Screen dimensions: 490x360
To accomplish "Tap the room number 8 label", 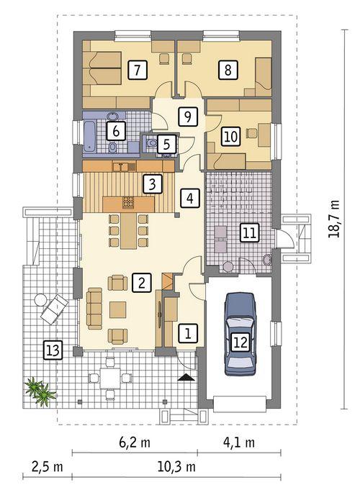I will pyautogui.click(x=228, y=70).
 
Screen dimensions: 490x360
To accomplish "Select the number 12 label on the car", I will pyautogui.click(x=240, y=342).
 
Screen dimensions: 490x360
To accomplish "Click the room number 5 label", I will pyautogui.click(x=166, y=144).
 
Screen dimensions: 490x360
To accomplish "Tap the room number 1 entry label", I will pyautogui.click(x=187, y=333).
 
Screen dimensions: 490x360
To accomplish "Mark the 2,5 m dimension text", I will pyautogui.click(x=48, y=467).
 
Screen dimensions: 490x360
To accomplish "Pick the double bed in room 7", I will pyautogui.click(x=104, y=70).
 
